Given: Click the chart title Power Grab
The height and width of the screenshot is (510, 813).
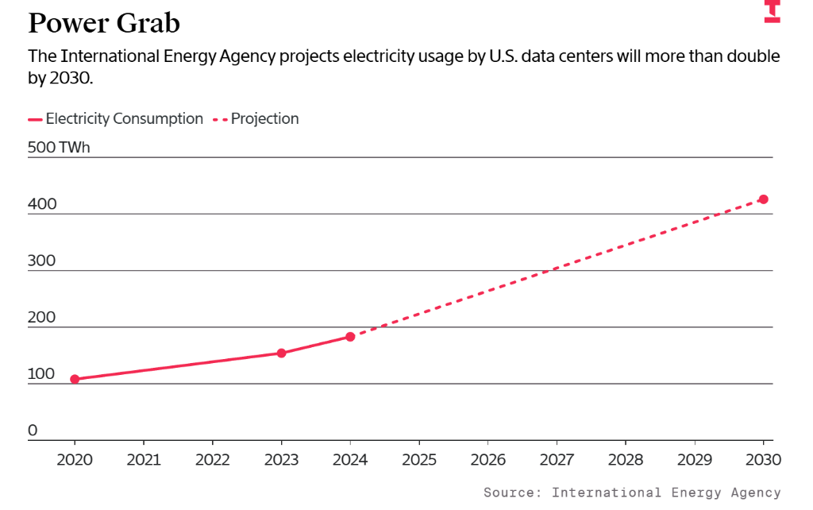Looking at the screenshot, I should tap(104, 23).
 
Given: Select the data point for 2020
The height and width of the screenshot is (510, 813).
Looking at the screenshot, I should tap(75, 379).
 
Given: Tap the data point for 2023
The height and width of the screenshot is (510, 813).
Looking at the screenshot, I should tap(281, 353).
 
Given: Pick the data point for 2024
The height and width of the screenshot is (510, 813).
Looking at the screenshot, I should tap(350, 337).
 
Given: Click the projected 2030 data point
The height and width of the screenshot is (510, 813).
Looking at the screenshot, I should tap(763, 199).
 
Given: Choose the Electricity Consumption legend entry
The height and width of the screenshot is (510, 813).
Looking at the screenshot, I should tap(116, 119).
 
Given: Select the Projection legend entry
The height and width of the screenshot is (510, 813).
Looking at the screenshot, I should tap(255, 119).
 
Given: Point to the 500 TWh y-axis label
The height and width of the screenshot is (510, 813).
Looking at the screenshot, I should tap(60, 147).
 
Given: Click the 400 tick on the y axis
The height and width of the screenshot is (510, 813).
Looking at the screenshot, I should tap(43, 204).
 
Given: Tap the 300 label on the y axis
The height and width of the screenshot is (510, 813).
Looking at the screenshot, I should tap(43, 261).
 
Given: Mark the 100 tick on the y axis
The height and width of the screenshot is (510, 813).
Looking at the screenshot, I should tap(42, 373).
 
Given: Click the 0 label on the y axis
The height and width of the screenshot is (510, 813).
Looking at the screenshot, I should tap(33, 431).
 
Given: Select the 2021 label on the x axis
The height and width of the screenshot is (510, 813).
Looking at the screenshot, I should tap(144, 460).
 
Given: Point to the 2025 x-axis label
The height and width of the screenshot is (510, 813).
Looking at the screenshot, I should tap(419, 460).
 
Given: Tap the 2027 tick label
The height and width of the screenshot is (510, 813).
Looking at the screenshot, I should tap(557, 460).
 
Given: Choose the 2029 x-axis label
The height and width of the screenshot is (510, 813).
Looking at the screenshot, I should tap(695, 460).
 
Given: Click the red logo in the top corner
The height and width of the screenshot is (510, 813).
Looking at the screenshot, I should tap(772, 11).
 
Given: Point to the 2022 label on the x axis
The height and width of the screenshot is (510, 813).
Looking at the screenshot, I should tap(213, 460).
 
